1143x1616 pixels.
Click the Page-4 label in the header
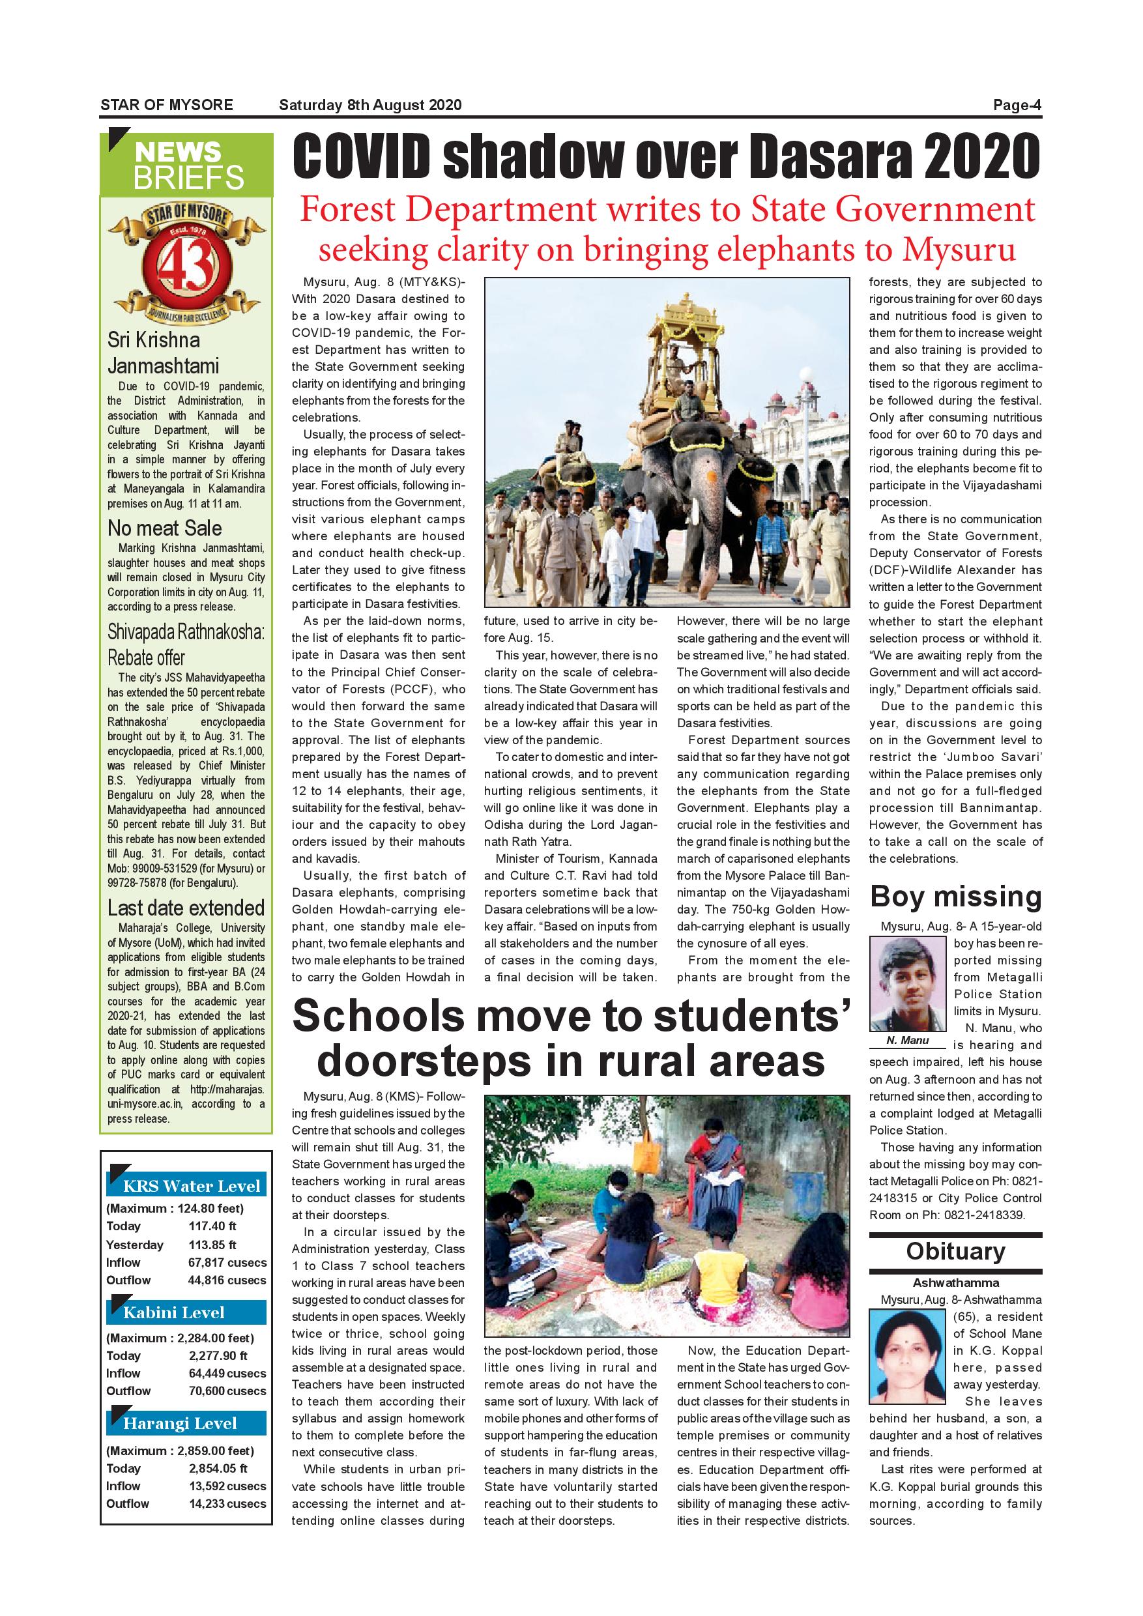click(x=1017, y=106)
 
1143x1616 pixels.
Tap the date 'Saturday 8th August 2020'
click(x=370, y=106)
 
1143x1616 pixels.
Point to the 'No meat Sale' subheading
click(x=165, y=528)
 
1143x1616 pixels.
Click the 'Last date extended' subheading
click(x=186, y=907)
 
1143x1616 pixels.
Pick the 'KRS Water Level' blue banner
click(x=186, y=1186)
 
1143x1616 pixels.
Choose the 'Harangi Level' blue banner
click(x=186, y=1423)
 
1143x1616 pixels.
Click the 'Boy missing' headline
click(x=955, y=897)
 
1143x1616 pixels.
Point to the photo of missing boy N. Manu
click(x=907, y=984)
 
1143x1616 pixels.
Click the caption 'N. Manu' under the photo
click(x=907, y=1040)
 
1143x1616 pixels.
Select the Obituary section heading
click(x=955, y=1251)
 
